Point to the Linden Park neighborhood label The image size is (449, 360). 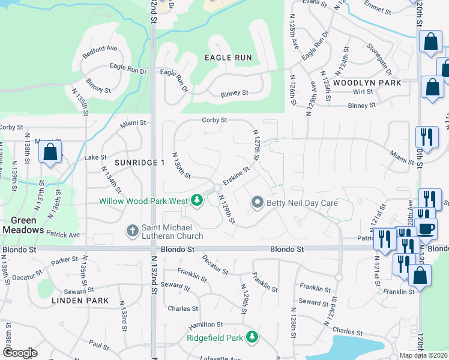(x=80, y=300)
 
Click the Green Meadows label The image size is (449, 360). (x=23, y=225)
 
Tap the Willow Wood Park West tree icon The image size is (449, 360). (x=197, y=200)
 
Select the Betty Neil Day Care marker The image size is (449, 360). (x=258, y=202)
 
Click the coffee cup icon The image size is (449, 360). (x=426, y=229)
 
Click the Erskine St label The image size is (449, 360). (x=236, y=176)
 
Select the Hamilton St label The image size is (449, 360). (x=202, y=325)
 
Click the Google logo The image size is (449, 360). (x=20, y=353)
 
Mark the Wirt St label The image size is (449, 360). (x=363, y=92)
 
